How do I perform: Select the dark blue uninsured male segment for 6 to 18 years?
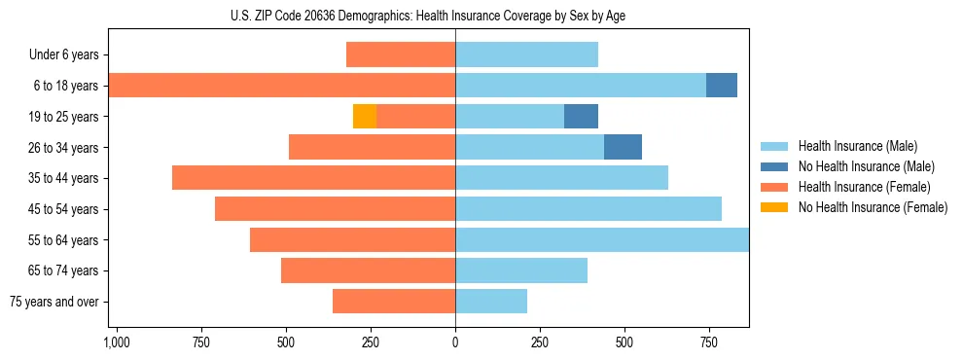coord(722,86)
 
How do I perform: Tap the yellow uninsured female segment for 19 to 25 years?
coord(365,117)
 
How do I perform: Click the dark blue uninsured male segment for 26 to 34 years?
coord(623,147)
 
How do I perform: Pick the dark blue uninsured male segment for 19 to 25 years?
coord(581,117)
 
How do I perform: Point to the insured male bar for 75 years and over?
coord(491,302)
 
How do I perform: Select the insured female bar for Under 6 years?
coord(401,54)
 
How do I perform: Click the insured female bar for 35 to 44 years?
coord(313,178)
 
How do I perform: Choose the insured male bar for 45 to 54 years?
coord(588,209)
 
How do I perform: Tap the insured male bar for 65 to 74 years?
coord(521,270)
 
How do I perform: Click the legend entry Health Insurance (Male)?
coord(857,146)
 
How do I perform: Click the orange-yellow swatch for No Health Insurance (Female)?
coord(774,207)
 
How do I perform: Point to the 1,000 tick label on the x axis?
coord(116,343)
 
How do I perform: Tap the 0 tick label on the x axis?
coord(455,343)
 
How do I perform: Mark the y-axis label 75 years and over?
coord(54,302)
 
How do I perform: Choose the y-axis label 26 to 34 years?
coord(64,148)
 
